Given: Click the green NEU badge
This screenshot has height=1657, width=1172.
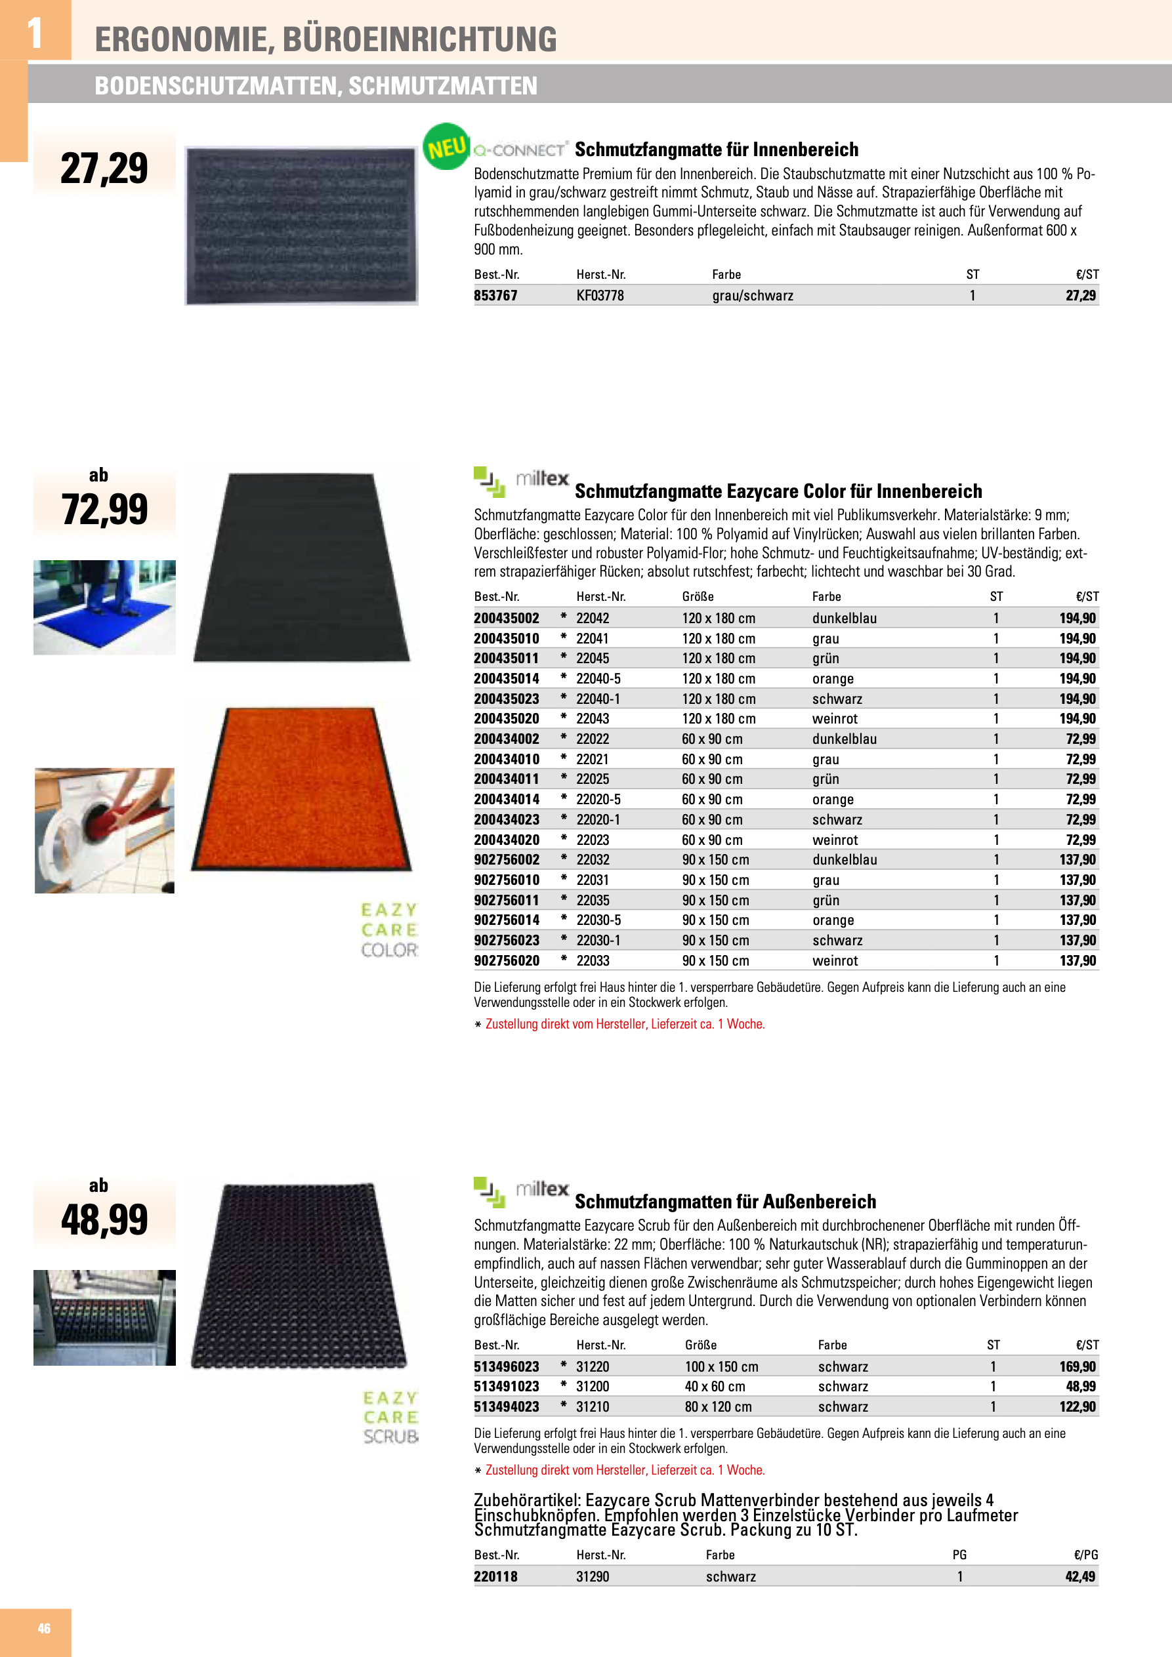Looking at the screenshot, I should [x=446, y=146].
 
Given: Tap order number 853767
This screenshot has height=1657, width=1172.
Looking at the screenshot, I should [x=495, y=295].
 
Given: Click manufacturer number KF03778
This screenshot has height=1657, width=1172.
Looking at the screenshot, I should [x=599, y=295].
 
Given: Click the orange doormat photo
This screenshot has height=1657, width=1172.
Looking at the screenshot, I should [x=301, y=788].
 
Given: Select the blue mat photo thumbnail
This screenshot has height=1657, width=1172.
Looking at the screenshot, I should [x=105, y=607].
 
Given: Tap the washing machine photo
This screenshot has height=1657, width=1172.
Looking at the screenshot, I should [x=105, y=830].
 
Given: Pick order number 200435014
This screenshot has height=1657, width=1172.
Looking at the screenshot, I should [x=506, y=678].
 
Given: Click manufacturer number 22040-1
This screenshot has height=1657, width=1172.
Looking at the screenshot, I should [x=598, y=699].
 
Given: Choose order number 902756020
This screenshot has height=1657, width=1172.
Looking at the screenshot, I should [x=506, y=960].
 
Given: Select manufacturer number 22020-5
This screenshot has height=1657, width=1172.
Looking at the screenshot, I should [x=598, y=799].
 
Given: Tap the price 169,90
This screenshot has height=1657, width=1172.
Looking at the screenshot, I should [x=1078, y=1366].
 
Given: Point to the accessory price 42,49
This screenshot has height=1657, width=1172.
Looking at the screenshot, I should [x=1080, y=1576].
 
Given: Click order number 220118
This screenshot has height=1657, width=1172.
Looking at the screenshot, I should [x=495, y=1576].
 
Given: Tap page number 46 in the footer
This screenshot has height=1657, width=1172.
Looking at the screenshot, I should [x=44, y=1628].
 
